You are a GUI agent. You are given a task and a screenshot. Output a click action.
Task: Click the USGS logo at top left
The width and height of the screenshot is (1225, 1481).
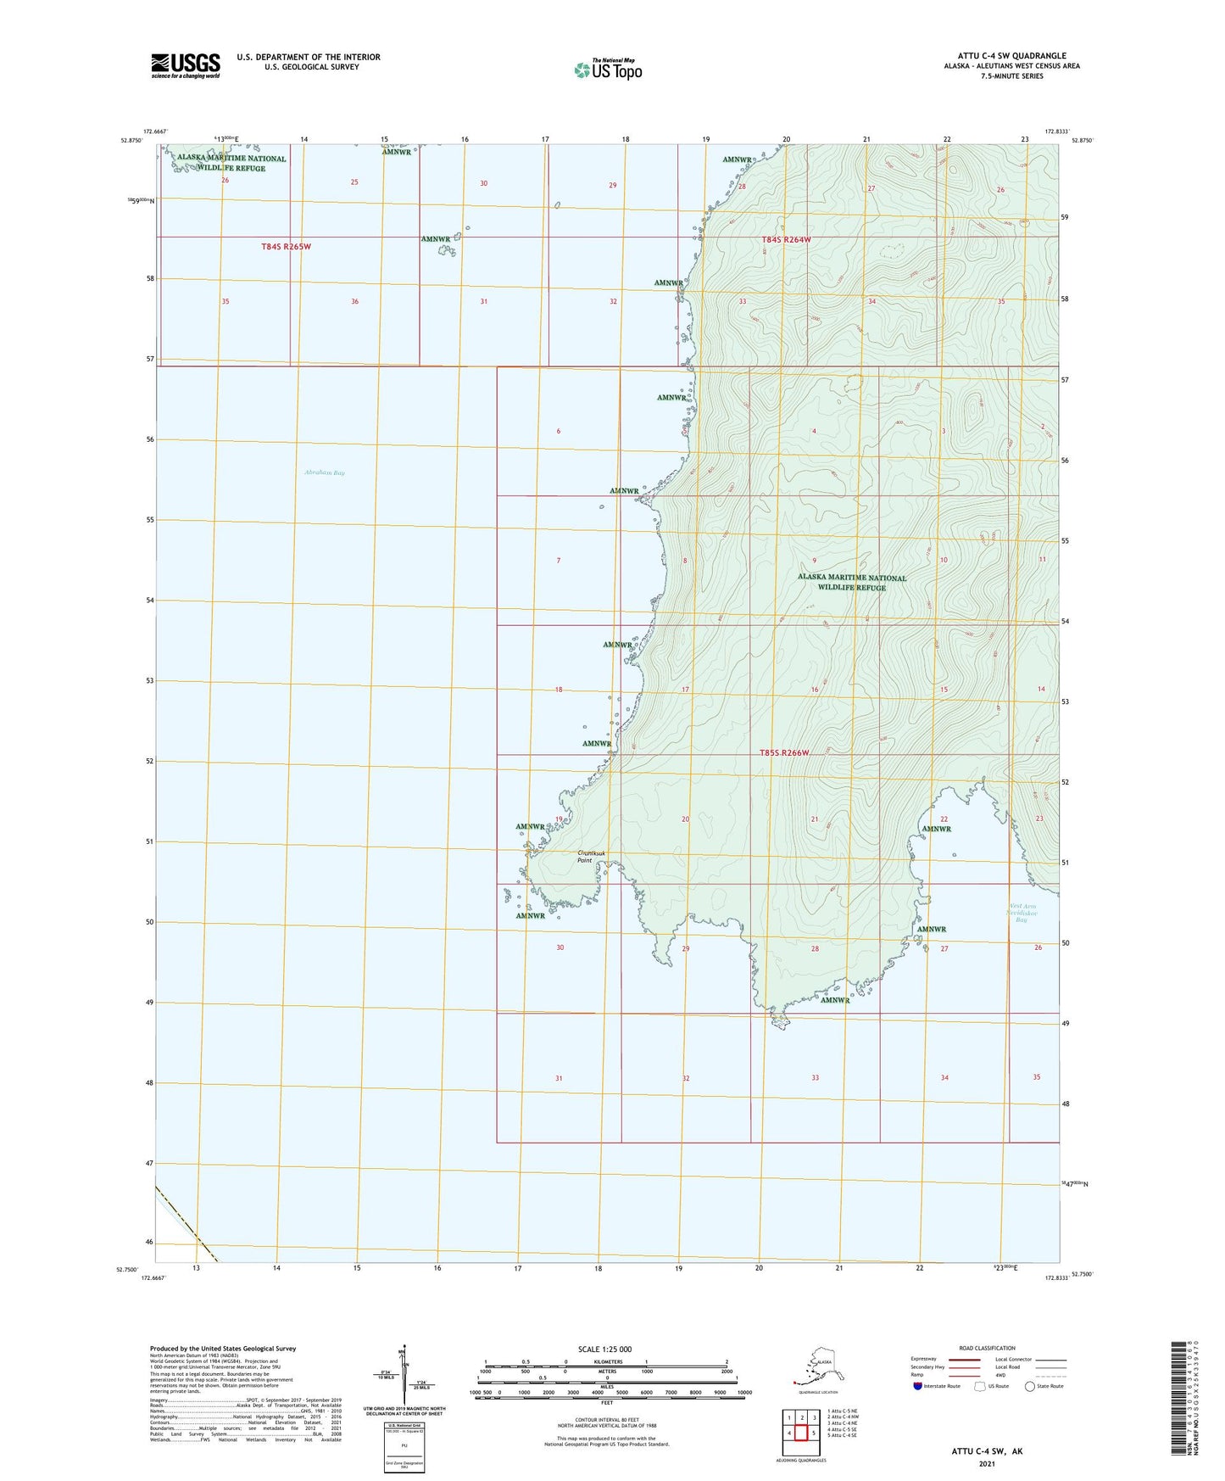click(185, 65)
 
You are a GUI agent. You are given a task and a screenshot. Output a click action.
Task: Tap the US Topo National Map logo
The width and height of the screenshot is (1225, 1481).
click(607, 69)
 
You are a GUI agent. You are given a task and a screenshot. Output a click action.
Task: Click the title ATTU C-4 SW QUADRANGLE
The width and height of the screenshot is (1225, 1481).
click(1011, 56)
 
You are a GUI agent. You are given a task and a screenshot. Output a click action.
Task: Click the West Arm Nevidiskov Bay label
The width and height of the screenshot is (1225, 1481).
click(1021, 913)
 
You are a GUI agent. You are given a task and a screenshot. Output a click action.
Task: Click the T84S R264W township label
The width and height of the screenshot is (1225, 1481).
click(786, 240)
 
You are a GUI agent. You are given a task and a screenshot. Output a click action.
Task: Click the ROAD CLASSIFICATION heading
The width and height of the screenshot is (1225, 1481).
click(987, 1348)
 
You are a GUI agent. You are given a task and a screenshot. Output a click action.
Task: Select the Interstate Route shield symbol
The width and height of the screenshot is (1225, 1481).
click(917, 1386)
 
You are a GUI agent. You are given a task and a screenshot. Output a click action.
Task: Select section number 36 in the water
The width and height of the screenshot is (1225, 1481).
click(355, 302)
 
